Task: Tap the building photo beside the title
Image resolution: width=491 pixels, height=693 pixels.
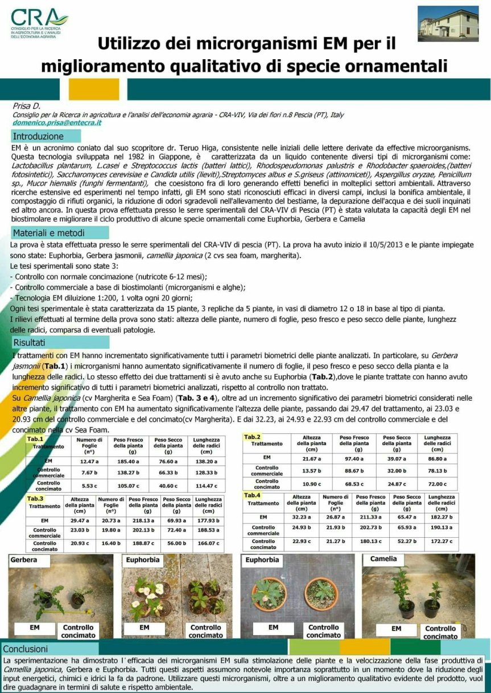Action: pyautogui.click(x=448, y=23)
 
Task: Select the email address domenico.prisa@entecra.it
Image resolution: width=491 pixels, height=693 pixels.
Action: pyautogui.click(x=57, y=122)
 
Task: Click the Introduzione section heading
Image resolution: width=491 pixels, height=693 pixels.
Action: pyautogui.click(x=39, y=136)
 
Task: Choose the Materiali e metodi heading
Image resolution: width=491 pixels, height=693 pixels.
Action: pyautogui.click(x=49, y=233)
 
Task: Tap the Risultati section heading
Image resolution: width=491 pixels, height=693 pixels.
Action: pyautogui.click(x=30, y=342)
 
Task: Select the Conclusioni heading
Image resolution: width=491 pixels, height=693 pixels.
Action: pyautogui.click(x=26, y=649)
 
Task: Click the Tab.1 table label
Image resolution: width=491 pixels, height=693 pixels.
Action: pyautogui.click(x=35, y=439)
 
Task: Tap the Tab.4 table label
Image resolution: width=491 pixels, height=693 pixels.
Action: pyautogui.click(x=252, y=495)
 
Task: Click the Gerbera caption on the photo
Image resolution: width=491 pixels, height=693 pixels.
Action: pyautogui.click(x=24, y=560)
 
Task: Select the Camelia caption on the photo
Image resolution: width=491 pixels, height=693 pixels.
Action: pyautogui.click(x=383, y=559)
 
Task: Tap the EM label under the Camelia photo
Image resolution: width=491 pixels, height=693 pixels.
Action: pyautogui.click(x=397, y=629)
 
